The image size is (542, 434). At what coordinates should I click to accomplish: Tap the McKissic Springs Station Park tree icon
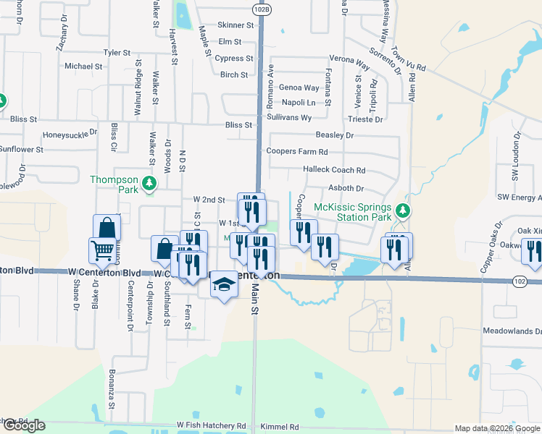pyautogui.click(x=404, y=211)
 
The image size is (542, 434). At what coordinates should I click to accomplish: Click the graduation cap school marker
pyautogui.click(x=224, y=284)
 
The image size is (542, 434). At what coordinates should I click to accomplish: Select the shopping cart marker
pyautogui.click(x=102, y=250)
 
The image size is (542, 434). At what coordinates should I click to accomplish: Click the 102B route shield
pyautogui.click(x=262, y=8)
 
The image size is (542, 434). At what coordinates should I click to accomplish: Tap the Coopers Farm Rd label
pyautogui.click(x=297, y=152)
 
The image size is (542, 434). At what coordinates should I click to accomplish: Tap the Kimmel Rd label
pyautogui.click(x=278, y=427)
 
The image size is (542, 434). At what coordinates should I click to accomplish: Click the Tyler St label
pyautogui.click(x=117, y=53)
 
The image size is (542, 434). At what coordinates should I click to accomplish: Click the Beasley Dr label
pyautogui.click(x=334, y=135)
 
